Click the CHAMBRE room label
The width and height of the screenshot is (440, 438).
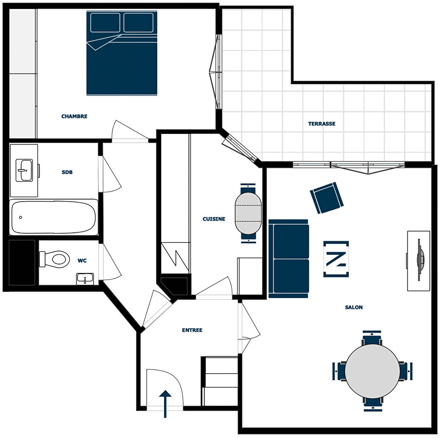tap(74, 116)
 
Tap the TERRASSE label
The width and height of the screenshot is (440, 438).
tap(322, 124)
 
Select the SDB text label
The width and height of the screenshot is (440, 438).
tap(67, 172)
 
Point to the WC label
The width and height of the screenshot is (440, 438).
tap(82, 260)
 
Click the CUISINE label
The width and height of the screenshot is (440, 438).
tap(214, 219)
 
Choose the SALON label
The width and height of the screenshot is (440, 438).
tap(353, 307)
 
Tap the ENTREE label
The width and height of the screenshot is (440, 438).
tap(192, 330)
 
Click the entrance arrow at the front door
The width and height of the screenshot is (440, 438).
tap(165, 404)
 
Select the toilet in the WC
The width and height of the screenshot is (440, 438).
tap(54, 259)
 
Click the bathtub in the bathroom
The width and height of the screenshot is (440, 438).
tap(54, 217)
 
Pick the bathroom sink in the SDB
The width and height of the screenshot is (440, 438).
tap(24, 170)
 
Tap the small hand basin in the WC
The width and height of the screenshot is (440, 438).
tap(85, 279)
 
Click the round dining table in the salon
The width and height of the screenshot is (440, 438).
tap(373, 371)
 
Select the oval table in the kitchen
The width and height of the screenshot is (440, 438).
tap(248, 213)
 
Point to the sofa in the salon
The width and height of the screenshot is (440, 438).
tap(289, 258)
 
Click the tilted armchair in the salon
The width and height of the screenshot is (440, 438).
tap(327, 198)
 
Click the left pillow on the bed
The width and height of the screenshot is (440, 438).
tap(105, 22)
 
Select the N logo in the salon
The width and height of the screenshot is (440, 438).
tap(336, 259)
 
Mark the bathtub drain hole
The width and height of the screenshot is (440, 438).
tap(20, 217)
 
